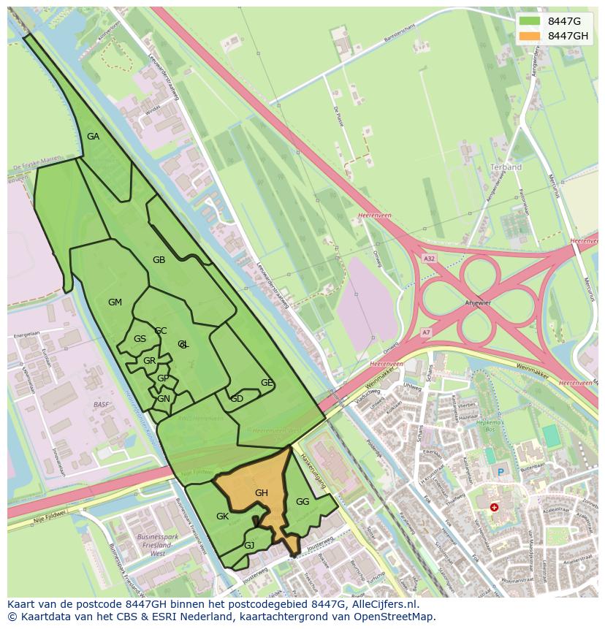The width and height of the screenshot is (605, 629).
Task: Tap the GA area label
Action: [x=93, y=137]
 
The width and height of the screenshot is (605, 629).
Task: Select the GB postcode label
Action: [x=159, y=260]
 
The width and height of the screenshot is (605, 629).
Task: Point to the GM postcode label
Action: [x=115, y=302]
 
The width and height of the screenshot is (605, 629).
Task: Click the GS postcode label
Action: [x=140, y=339]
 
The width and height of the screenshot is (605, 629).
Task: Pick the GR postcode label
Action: [x=149, y=361]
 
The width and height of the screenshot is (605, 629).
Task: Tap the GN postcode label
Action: [x=164, y=399]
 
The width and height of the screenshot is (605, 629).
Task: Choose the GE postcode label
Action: [x=267, y=383]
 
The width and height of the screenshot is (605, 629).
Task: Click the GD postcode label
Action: [x=237, y=399]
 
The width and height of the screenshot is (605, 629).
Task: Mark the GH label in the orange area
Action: [x=262, y=493]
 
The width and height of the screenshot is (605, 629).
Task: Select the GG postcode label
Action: [x=302, y=502]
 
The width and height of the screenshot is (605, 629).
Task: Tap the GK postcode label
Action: [x=223, y=516]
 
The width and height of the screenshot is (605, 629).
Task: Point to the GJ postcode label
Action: [x=249, y=546]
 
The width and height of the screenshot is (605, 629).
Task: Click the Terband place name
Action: [x=506, y=167]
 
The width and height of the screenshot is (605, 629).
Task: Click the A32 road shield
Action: [x=429, y=258]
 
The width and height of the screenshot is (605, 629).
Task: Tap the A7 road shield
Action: [x=426, y=332]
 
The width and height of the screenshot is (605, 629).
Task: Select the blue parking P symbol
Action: [x=501, y=473]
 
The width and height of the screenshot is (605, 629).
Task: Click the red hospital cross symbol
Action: [x=495, y=506]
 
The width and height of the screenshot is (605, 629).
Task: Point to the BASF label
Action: [x=101, y=404]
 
